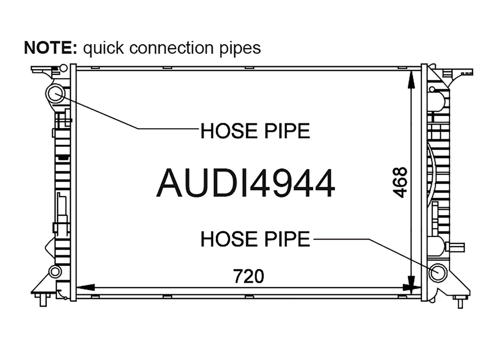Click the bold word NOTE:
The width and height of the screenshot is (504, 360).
pyautogui.click(x=51, y=48)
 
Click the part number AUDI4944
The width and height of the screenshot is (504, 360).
pyautogui.click(x=246, y=183)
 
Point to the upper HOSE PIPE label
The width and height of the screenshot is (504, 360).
pyautogui.click(x=255, y=131)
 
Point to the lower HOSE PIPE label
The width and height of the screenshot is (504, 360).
pyautogui.click(x=255, y=239)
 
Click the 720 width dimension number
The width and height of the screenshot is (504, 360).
pyautogui.click(x=249, y=276)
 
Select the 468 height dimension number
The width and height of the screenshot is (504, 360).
pyautogui.click(x=400, y=182)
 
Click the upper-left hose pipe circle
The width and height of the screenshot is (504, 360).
pyautogui.click(x=56, y=94)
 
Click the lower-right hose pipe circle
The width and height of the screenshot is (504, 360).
pyautogui.click(x=438, y=272)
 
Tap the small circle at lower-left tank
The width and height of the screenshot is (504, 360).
pyautogui.click(x=55, y=271)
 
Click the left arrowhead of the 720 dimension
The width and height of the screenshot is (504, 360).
pyautogui.click(x=86, y=287)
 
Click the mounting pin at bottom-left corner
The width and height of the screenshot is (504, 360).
pyautogui.click(x=43, y=299)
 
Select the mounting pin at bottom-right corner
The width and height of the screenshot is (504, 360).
pyautogui.click(x=460, y=302)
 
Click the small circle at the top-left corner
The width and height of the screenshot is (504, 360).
pyautogui.click(x=63, y=68)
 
